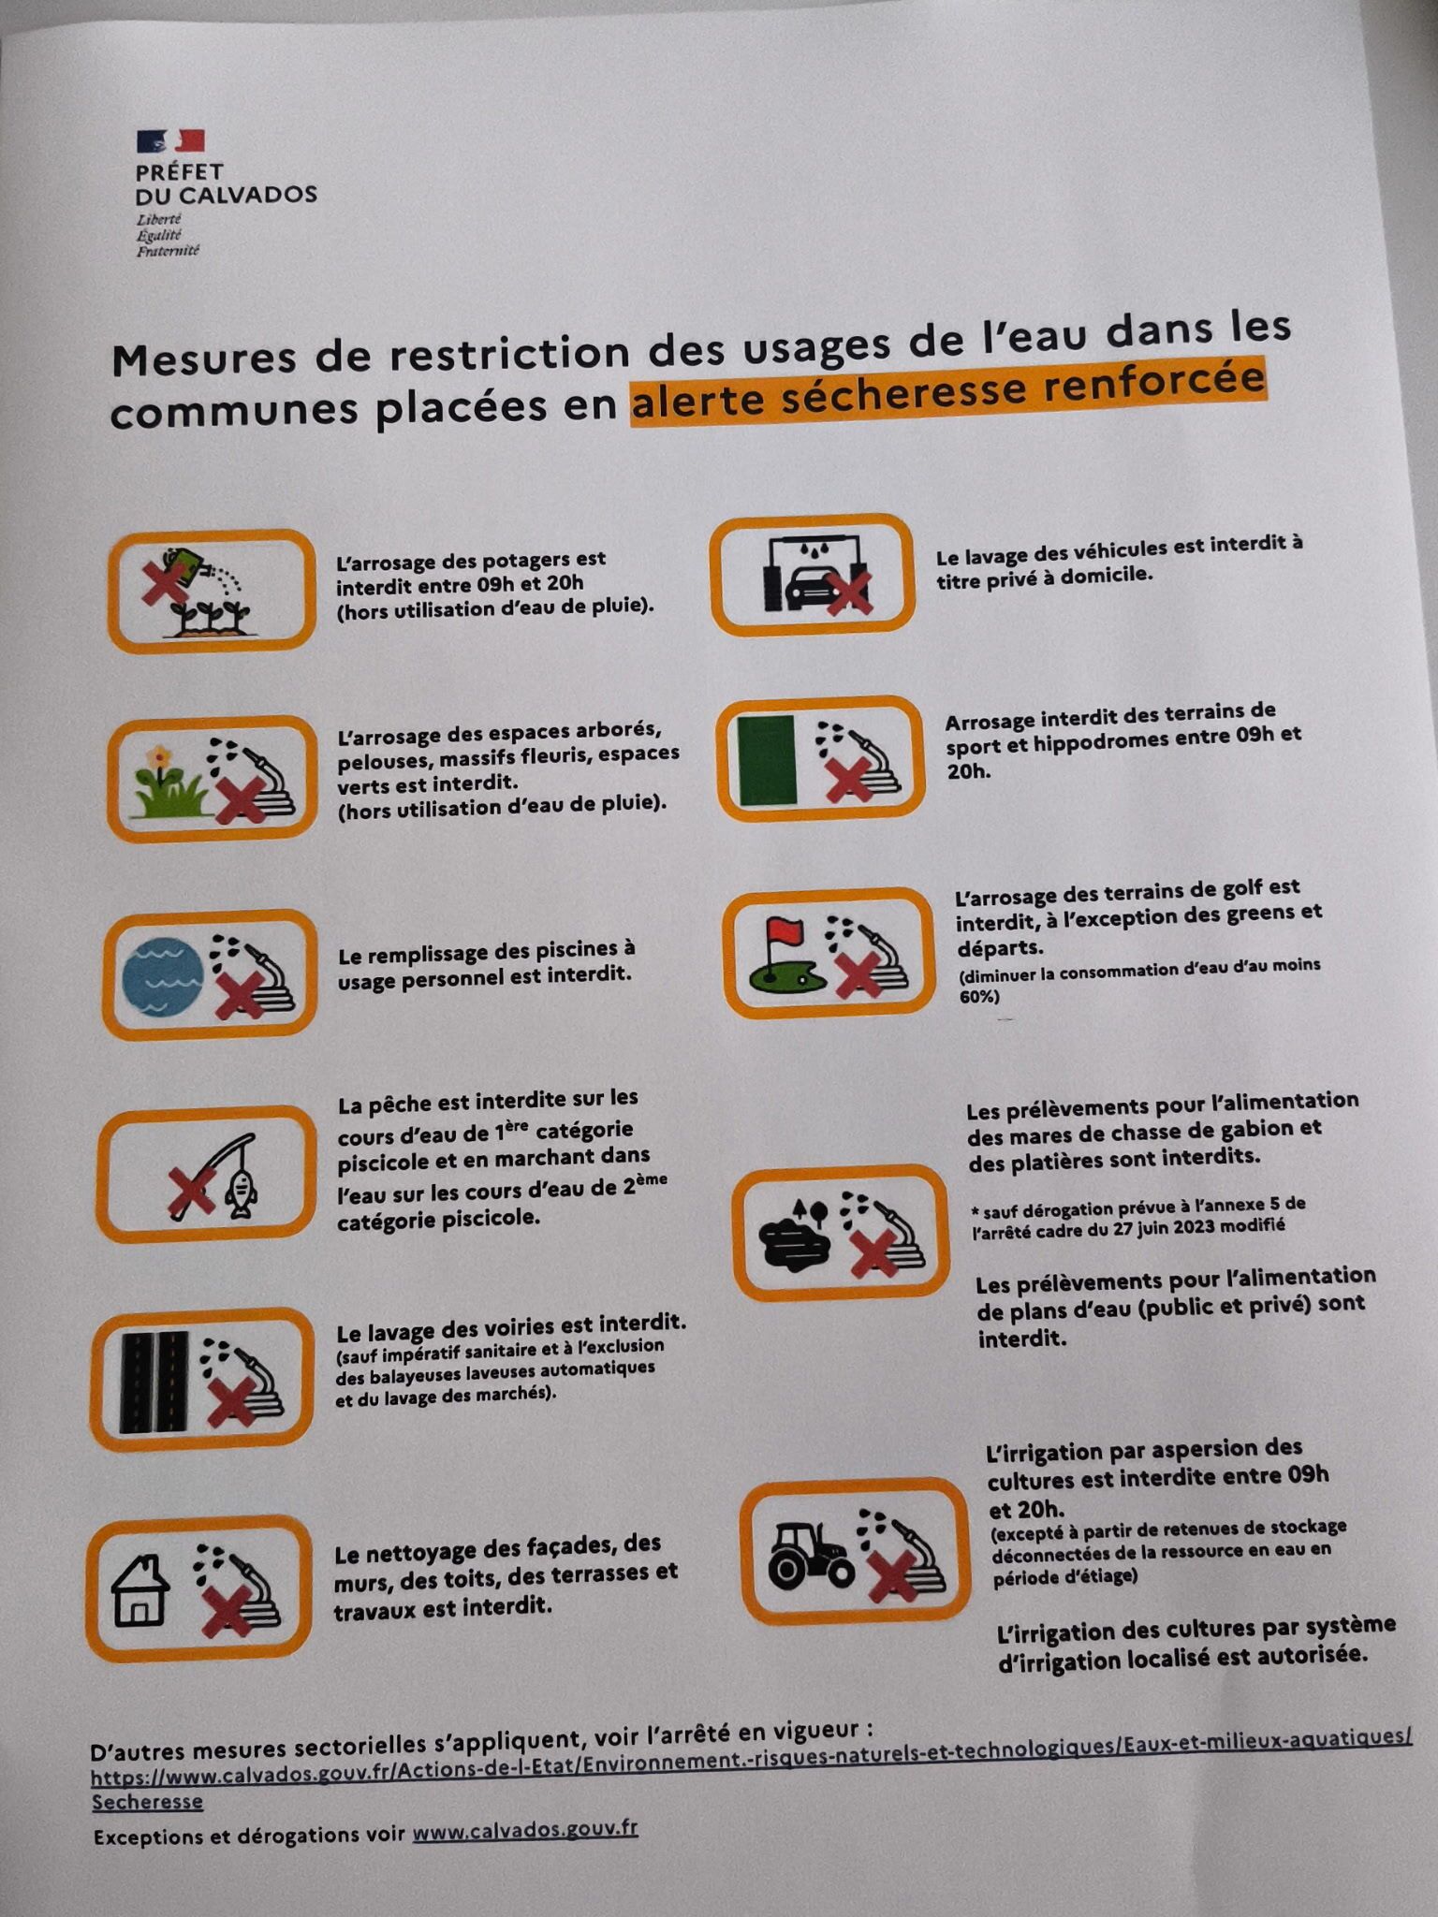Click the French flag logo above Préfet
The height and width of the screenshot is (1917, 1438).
point(169,141)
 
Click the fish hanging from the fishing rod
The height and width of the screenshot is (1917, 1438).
point(241,1195)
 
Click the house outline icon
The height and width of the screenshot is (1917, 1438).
point(140,1590)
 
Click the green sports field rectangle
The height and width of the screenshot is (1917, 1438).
point(767,760)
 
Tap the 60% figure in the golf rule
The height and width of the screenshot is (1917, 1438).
point(979,997)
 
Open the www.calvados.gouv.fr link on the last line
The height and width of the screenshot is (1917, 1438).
point(525,1830)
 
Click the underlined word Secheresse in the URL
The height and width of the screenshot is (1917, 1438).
point(147,1801)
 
